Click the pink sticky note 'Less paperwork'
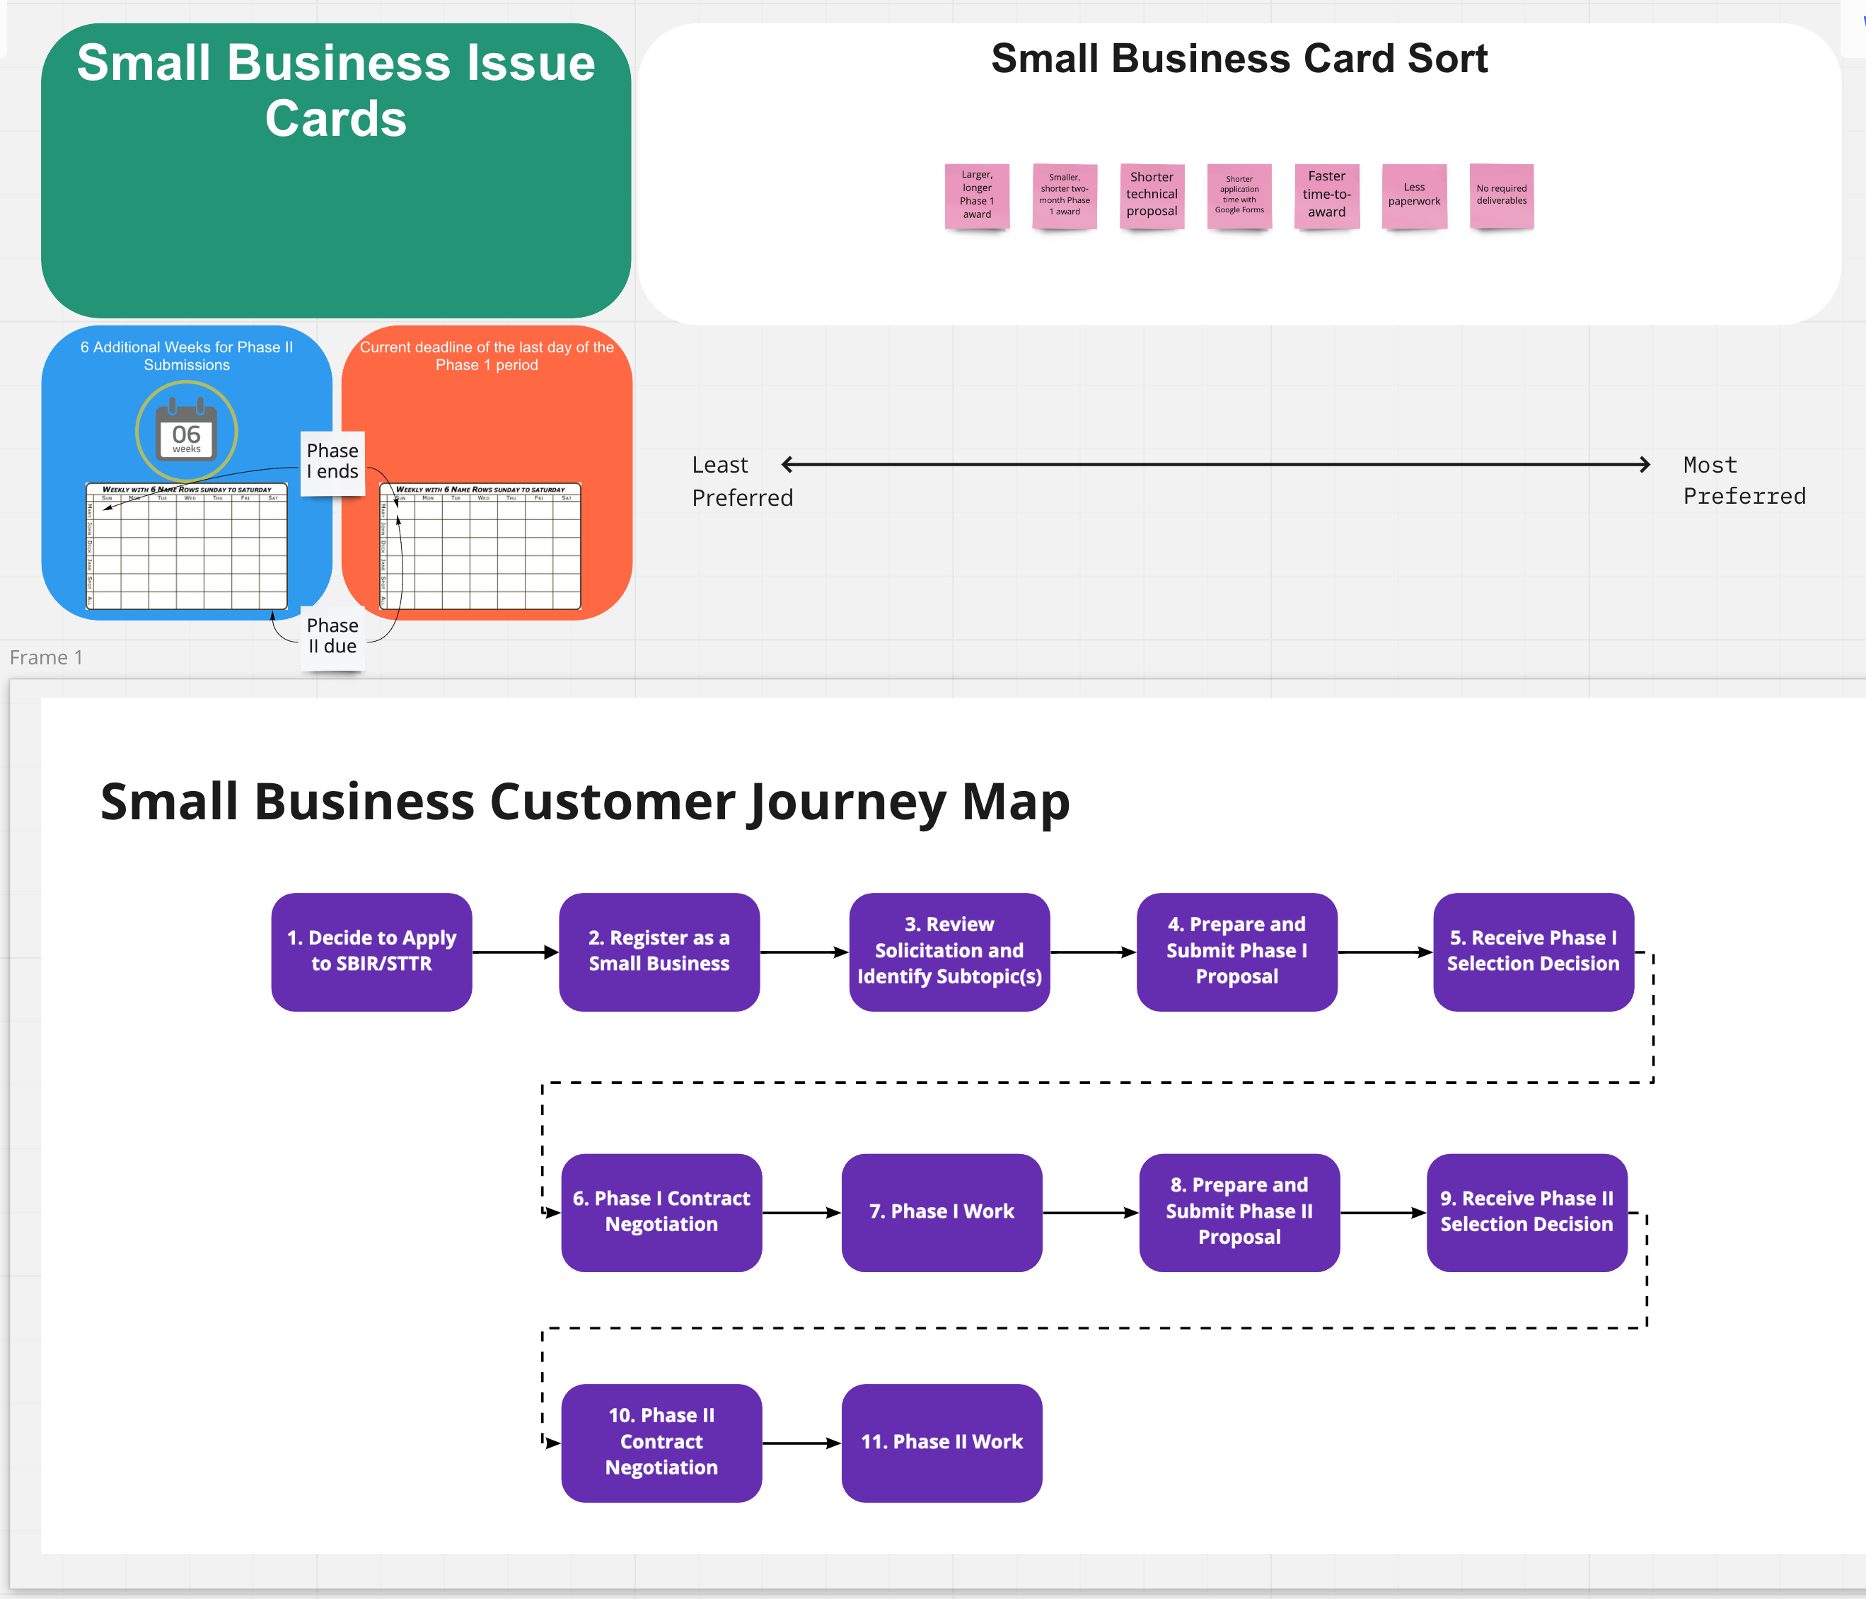(x=1414, y=195)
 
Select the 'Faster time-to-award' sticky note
(x=1326, y=195)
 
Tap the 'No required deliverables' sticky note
(x=1501, y=195)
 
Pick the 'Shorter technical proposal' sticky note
(x=1152, y=195)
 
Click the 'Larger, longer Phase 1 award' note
(x=977, y=195)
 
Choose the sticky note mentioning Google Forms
(x=1239, y=195)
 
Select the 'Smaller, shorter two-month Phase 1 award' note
(x=1065, y=195)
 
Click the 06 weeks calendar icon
(x=187, y=432)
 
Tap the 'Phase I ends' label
(x=332, y=462)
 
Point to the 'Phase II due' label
(x=332, y=636)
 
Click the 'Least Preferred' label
(x=741, y=481)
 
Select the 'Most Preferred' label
(x=1744, y=480)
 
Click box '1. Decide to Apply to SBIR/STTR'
(x=371, y=952)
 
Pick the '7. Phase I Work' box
(x=941, y=1212)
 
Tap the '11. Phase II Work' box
(x=941, y=1442)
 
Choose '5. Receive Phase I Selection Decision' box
(x=1533, y=952)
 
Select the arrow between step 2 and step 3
(x=804, y=952)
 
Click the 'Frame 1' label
(x=46, y=657)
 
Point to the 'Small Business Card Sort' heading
(x=1239, y=59)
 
